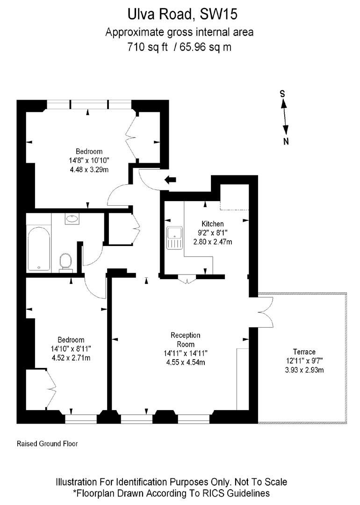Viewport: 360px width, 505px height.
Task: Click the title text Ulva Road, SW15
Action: pyautogui.click(x=183, y=14)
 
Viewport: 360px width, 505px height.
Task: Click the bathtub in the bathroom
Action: pyautogui.click(x=39, y=248)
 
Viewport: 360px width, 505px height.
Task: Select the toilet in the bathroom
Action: pyautogui.click(x=65, y=262)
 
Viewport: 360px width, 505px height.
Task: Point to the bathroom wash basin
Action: pyautogui.click(x=72, y=218)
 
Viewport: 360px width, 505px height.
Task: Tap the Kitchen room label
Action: pyautogui.click(x=213, y=224)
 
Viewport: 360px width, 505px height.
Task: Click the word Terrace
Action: pyautogui.click(x=304, y=352)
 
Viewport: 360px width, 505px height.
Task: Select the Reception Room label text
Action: pyautogui.click(x=185, y=339)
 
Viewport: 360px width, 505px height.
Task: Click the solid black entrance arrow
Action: pyautogui.click(x=170, y=179)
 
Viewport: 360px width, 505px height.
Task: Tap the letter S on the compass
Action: pyautogui.click(x=282, y=94)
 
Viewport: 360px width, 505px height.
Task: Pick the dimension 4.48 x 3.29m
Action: pyautogui.click(x=89, y=169)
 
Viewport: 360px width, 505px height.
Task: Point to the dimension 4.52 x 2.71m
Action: pyautogui.click(x=71, y=358)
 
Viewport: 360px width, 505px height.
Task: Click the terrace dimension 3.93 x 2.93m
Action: pyautogui.click(x=304, y=370)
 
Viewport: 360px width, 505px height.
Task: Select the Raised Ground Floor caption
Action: pyautogui.click(x=47, y=443)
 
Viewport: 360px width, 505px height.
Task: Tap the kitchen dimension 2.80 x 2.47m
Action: pyautogui.click(x=213, y=242)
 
